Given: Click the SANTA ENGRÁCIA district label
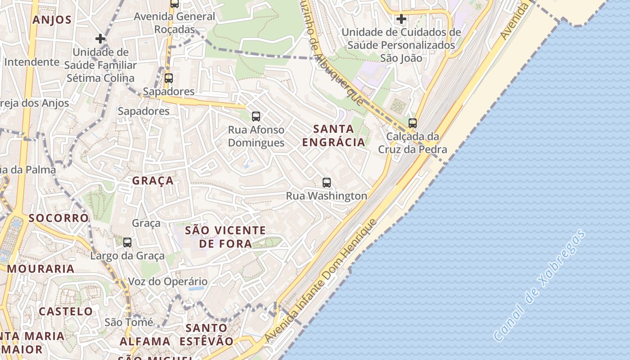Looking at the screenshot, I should click(333, 135).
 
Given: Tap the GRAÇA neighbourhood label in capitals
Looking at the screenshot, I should click(153, 180).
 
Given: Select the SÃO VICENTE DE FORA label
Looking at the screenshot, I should click(225, 237).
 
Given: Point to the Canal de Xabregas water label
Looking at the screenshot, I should click(540, 285).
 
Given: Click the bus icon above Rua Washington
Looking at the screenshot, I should click(327, 183).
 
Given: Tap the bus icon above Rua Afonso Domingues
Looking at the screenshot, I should click(256, 117).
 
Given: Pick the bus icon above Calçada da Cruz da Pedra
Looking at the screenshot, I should click(413, 123).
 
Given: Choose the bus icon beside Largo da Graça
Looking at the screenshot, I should click(127, 243).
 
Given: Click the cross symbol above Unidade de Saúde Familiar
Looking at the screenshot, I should click(100, 39).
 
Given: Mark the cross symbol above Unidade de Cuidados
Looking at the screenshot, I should click(401, 19).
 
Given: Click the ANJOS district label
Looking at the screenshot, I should click(52, 19).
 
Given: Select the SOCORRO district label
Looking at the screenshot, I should click(58, 218).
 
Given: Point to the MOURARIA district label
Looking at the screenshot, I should click(40, 269).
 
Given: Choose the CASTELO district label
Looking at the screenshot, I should click(66, 311).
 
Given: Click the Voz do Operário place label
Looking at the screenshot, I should click(168, 282).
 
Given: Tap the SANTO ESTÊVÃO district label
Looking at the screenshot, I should click(207, 334).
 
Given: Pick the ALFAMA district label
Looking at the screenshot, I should click(145, 341).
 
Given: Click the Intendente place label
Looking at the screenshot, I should click(31, 62).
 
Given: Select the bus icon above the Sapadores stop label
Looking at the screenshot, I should click(169, 78).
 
